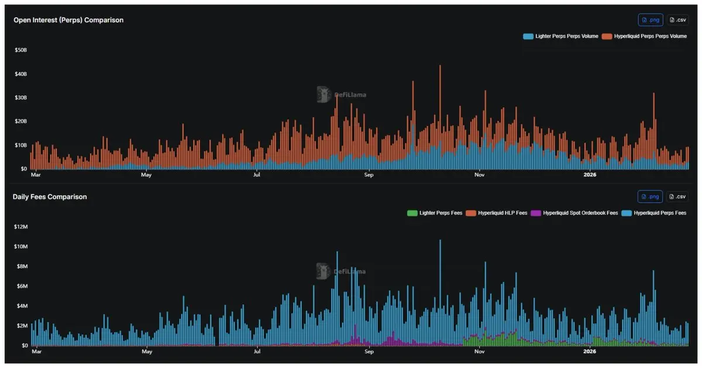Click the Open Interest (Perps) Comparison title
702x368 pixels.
click(68, 20)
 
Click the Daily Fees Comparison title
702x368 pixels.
click(50, 197)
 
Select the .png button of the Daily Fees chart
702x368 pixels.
click(650, 197)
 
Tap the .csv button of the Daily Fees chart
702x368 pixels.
click(677, 197)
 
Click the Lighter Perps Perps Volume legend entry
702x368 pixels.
click(561, 36)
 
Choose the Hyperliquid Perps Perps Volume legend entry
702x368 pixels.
click(645, 36)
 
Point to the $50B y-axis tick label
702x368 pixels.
click(20, 50)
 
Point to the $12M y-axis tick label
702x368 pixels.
click(20, 227)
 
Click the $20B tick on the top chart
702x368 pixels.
click(20, 121)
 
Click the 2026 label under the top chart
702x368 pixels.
click(590, 175)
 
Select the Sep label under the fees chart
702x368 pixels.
click(369, 352)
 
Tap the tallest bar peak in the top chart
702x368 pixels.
click(440, 66)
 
